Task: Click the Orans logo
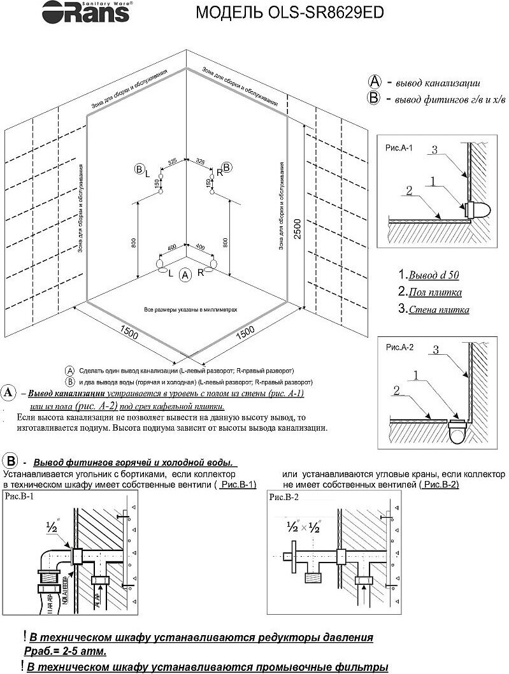68,11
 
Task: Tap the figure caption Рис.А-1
400,148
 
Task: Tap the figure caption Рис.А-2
400,347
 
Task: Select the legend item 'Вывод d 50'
428,275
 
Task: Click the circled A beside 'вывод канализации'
375,82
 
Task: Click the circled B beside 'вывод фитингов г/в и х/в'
375,98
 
